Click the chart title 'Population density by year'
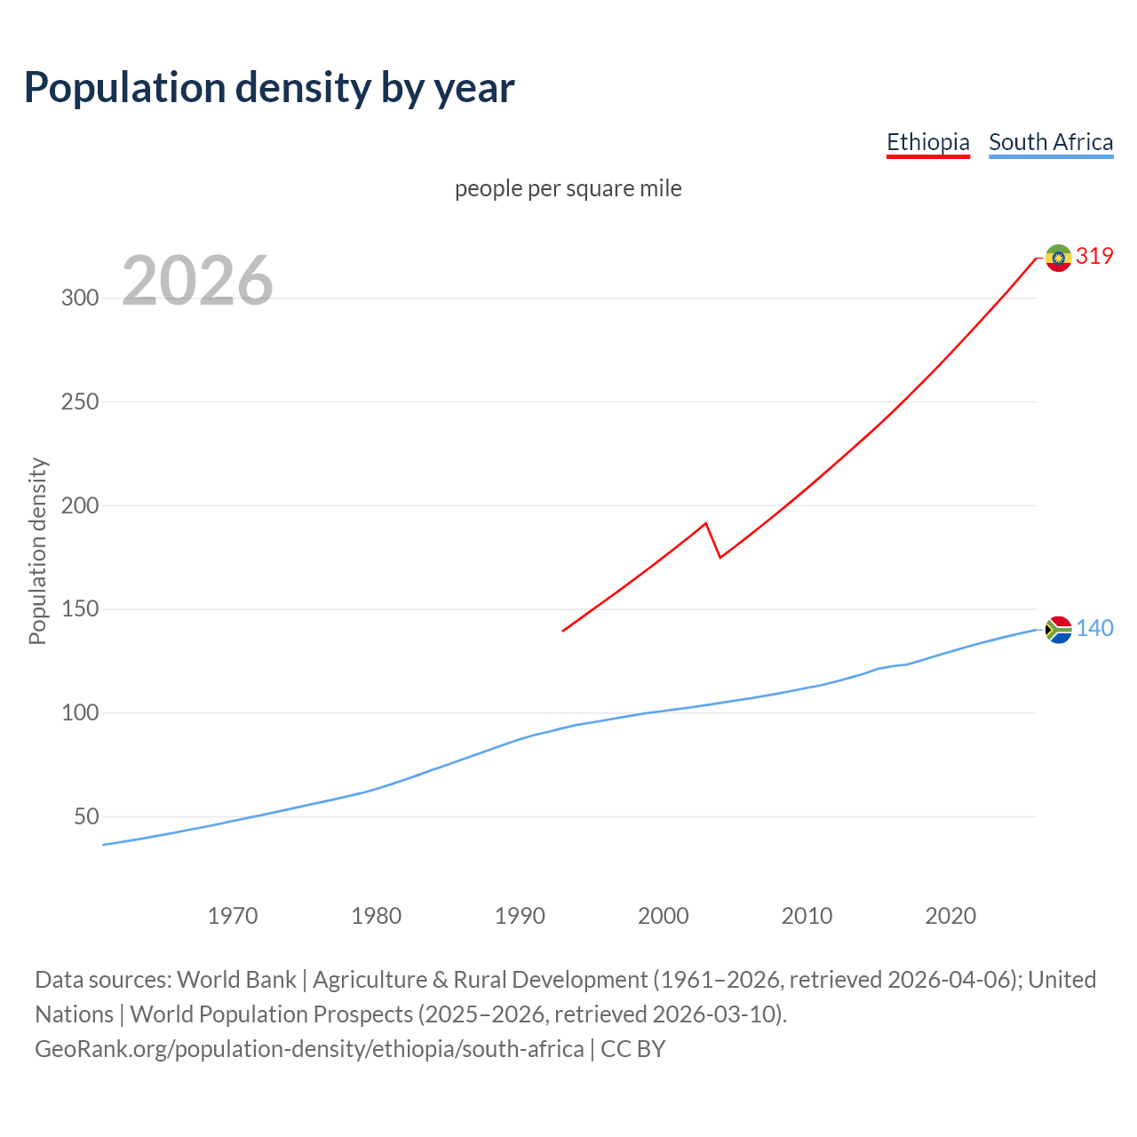tap(269, 88)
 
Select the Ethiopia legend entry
tap(927, 142)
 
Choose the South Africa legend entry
tap(1051, 142)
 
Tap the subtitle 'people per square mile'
tap(568, 188)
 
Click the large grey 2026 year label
tap(197, 281)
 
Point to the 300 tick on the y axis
tap(80, 298)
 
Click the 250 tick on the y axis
tap(80, 402)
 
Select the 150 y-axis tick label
tap(80, 609)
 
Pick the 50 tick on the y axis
tap(86, 816)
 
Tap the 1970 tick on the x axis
tap(233, 915)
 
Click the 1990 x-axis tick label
tap(520, 915)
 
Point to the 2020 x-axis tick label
tap(950, 915)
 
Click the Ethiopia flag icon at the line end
tap(1058, 258)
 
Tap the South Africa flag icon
tap(1058, 630)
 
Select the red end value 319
tap(1094, 256)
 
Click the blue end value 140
tap(1094, 628)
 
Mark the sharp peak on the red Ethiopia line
tap(705, 523)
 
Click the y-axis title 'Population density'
tap(37, 551)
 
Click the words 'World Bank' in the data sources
tap(236, 979)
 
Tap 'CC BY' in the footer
tap(632, 1048)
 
